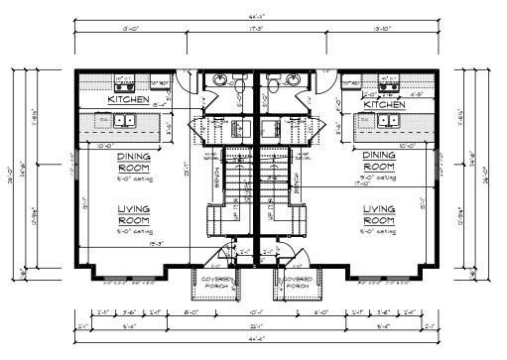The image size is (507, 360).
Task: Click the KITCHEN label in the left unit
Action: coord(129,99)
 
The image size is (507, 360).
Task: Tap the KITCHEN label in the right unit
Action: coord(384,103)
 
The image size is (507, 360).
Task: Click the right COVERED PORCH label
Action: coord(297,285)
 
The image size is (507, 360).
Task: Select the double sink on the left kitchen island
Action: coord(125,121)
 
